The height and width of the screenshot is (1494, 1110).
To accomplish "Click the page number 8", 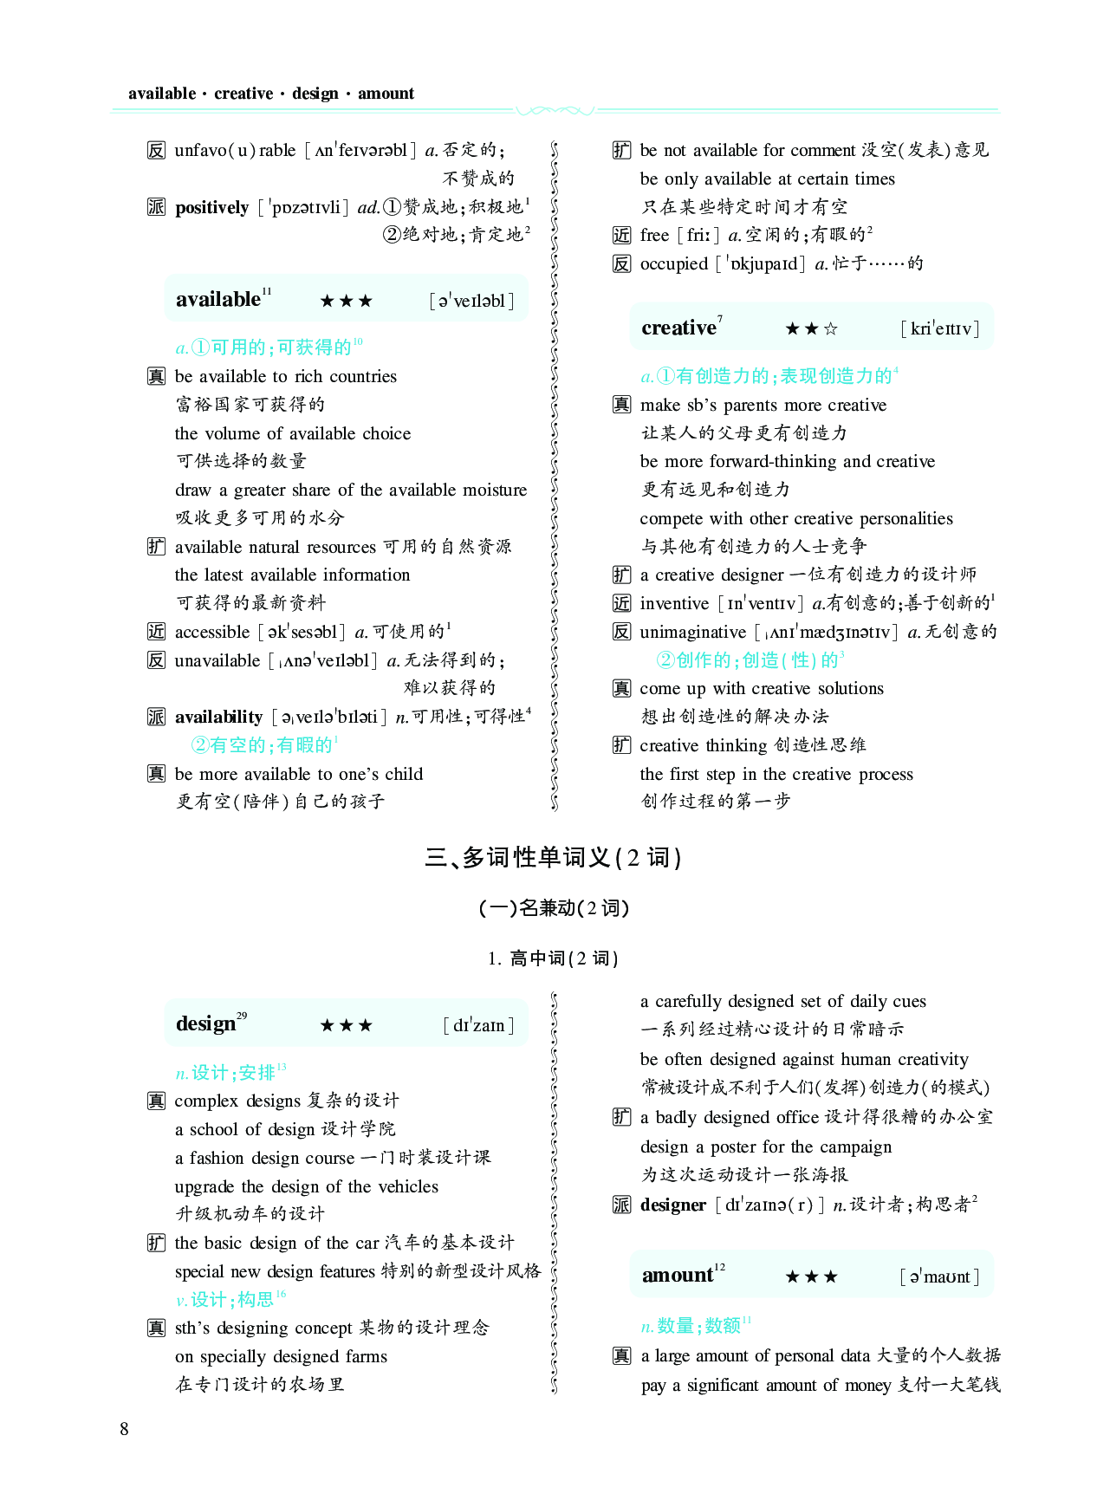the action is point(124,1429).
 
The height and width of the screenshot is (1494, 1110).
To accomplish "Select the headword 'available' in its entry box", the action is point(217,300).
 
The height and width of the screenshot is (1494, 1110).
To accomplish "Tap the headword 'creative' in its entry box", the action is point(678,328).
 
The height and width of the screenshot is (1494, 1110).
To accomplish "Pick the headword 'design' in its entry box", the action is point(205,1024).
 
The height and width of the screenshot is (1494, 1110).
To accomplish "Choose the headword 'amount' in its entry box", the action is point(677,1276).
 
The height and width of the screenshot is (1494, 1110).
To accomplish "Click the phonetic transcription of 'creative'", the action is point(940,328).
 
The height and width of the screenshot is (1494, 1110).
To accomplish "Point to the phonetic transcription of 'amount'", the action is point(940,1276).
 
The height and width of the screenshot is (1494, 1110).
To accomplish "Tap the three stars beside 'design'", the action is point(347,1026).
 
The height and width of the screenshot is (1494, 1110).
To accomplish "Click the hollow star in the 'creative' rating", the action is point(831,329).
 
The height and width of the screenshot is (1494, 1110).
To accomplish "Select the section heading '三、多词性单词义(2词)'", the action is point(554,858).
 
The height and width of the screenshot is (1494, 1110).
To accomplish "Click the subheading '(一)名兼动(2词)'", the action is point(554,908).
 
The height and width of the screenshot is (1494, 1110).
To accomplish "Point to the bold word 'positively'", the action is point(211,208).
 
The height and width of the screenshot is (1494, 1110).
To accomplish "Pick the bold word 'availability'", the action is point(218,717).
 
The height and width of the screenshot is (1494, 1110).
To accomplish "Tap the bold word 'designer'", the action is point(673,1205).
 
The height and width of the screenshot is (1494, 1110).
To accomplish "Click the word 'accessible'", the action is point(212,632).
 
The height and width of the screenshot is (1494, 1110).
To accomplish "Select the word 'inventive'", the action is point(674,604).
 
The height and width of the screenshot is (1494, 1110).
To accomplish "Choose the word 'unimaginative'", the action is point(692,632).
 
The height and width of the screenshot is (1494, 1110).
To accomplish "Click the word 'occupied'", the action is point(673,263).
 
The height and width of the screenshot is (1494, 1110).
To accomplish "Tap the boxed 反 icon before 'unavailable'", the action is point(156,660).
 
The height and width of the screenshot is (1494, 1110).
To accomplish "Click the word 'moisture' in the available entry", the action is point(495,490).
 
